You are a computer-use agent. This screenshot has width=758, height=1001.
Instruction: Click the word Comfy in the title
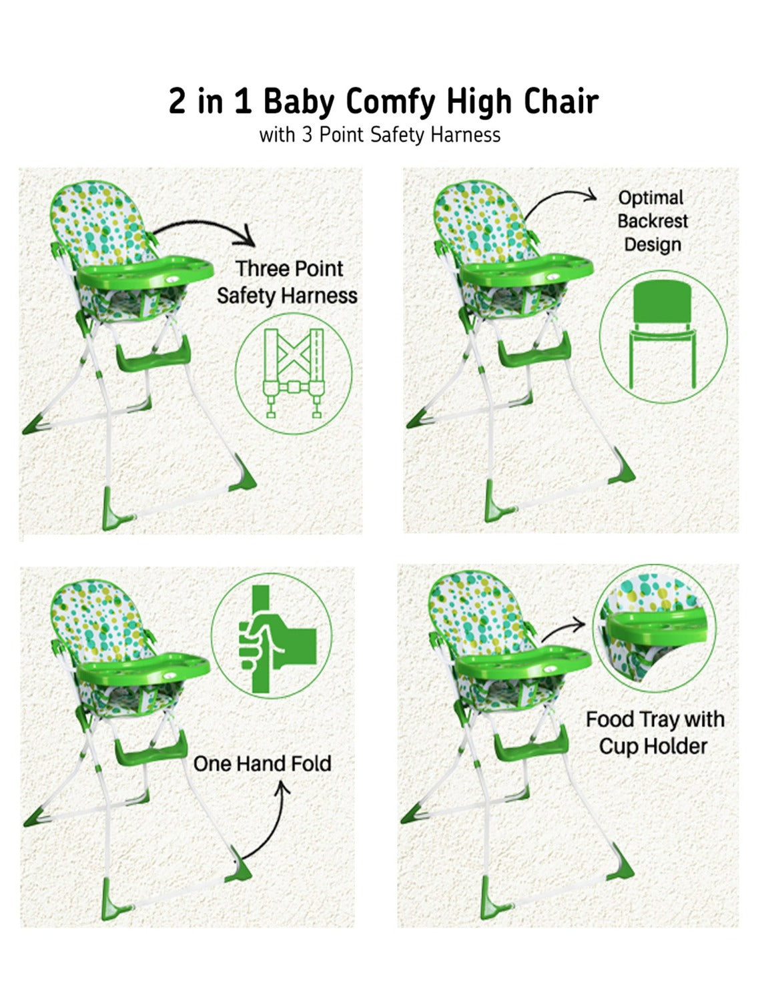(x=390, y=103)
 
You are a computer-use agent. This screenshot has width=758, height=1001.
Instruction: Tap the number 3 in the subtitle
(x=307, y=135)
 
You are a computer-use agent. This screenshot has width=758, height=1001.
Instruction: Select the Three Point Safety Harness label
(x=288, y=282)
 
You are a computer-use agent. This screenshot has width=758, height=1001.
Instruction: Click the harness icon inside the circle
(x=294, y=372)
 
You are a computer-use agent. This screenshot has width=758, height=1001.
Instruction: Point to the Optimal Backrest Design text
(x=652, y=221)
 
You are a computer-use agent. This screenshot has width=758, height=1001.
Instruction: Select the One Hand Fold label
(x=262, y=763)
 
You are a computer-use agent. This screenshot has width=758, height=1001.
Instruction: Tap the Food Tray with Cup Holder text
(x=655, y=732)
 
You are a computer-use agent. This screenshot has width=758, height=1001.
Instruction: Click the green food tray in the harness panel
(x=145, y=271)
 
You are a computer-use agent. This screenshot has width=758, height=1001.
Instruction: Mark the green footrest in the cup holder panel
(x=531, y=743)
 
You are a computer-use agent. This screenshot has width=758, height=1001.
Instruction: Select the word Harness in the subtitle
(x=465, y=135)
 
